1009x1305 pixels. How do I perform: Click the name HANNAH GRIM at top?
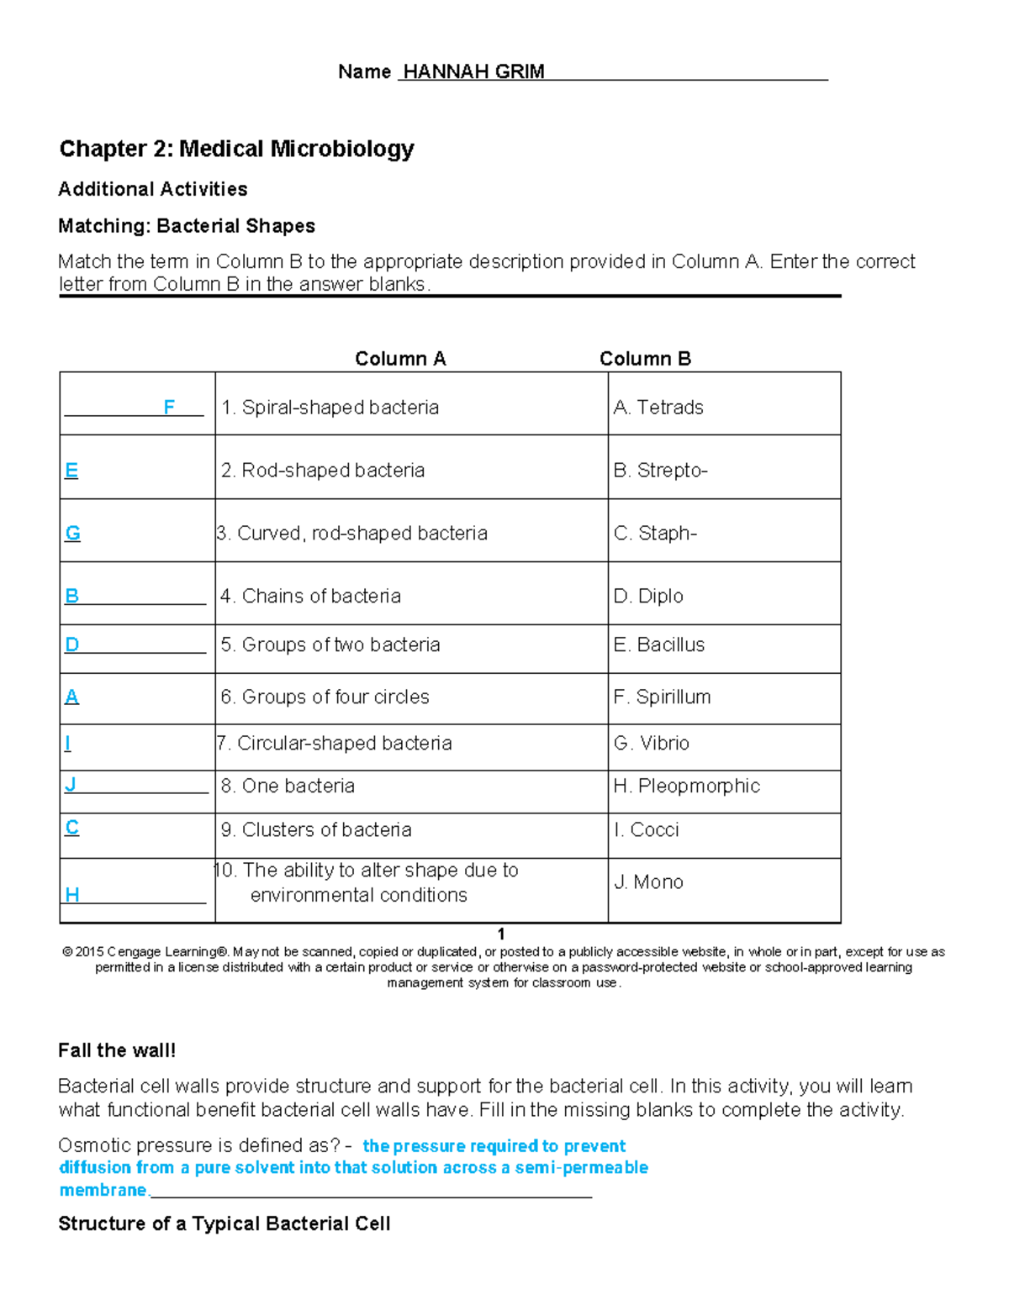pyautogui.click(x=473, y=71)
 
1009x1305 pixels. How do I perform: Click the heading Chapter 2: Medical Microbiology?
pyautogui.click(x=236, y=149)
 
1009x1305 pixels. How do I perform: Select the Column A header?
pyautogui.click(x=400, y=359)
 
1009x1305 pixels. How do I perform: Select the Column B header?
pyautogui.click(x=645, y=359)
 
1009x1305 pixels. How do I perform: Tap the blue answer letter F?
pyautogui.click(x=169, y=408)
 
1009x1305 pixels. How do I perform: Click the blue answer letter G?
pyautogui.click(x=73, y=533)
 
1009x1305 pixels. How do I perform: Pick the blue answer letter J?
pyautogui.click(x=71, y=784)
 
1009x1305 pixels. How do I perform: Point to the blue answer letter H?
pyautogui.click(x=72, y=894)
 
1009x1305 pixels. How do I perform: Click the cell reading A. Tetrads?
pyautogui.click(x=658, y=408)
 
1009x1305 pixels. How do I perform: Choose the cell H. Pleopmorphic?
pyautogui.click(x=686, y=786)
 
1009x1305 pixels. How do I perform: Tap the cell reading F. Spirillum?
pyautogui.click(x=662, y=697)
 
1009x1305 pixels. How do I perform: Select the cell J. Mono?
pyautogui.click(x=648, y=882)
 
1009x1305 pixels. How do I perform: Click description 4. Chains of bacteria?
pyautogui.click(x=310, y=596)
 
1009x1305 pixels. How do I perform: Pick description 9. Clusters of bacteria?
pyautogui.click(x=316, y=829)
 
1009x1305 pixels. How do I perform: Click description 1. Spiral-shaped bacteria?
pyautogui.click(x=330, y=408)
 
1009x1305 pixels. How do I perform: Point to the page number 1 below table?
pyautogui.click(x=501, y=934)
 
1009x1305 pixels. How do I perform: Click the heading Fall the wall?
pyautogui.click(x=117, y=1050)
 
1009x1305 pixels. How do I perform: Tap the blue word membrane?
pyautogui.click(x=103, y=1190)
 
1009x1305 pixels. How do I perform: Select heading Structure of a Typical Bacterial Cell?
pyautogui.click(x=224, y=1223)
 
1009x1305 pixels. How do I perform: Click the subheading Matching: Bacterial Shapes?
pyautogui.click(x=187, y=226)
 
